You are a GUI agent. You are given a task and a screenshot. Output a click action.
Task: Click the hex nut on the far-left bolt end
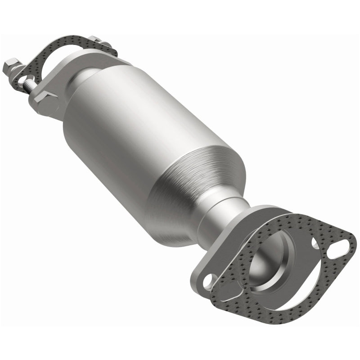[x=10, y=67]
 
